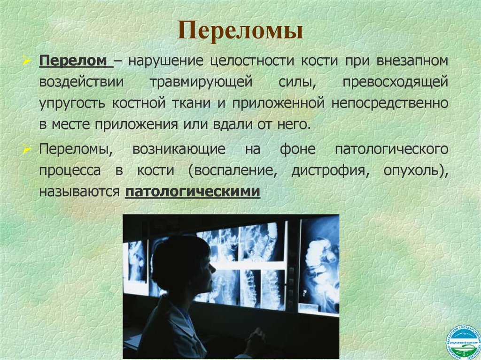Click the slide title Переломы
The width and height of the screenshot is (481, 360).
point(240,31)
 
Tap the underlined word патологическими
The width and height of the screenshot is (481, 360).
point(192,192)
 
